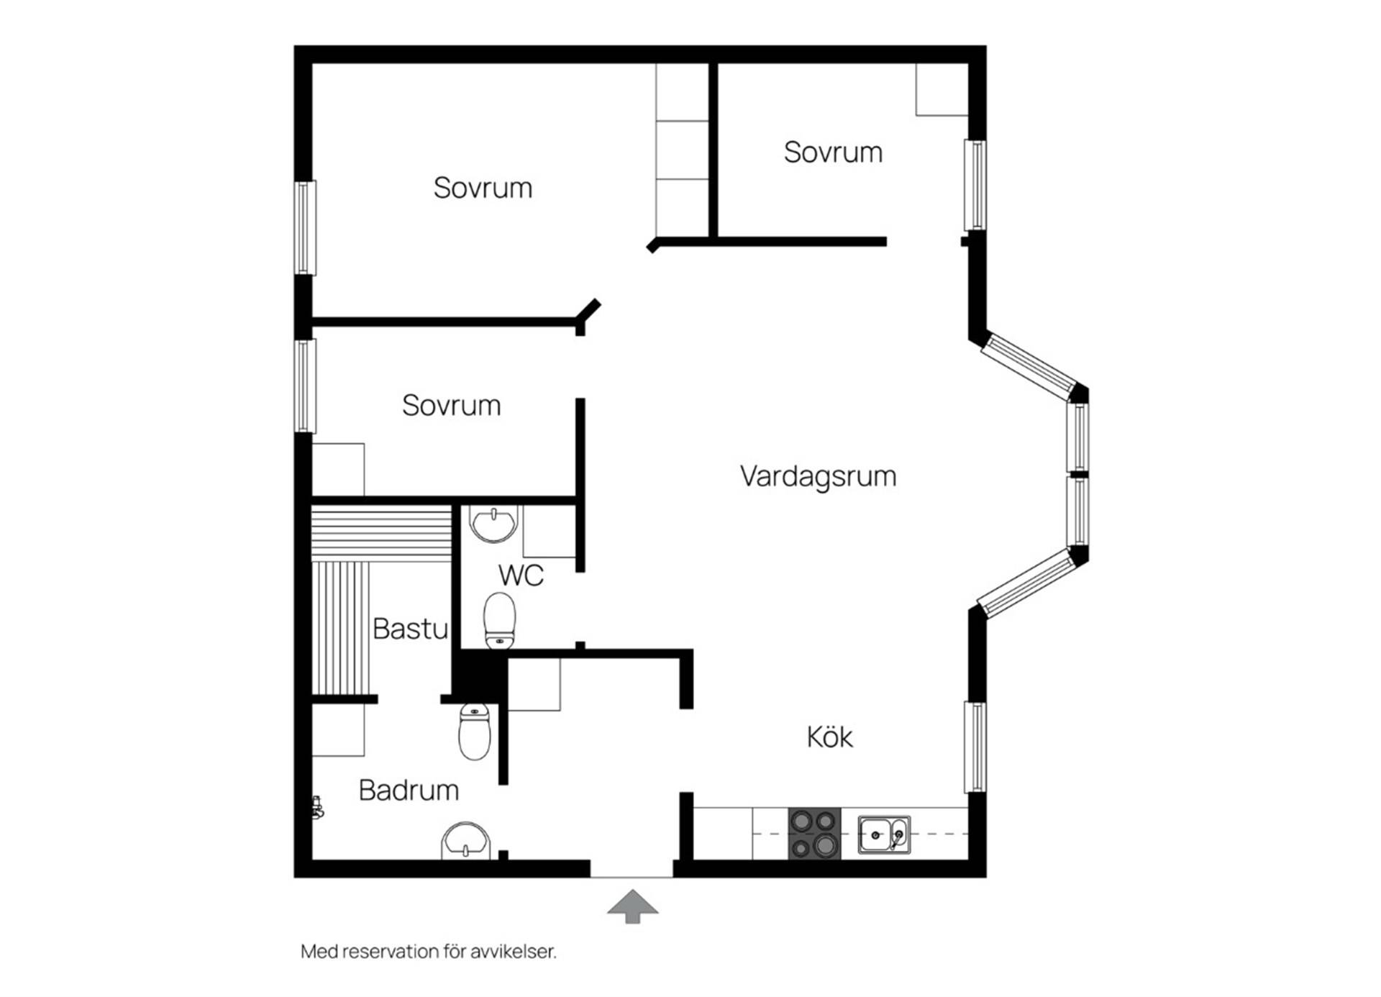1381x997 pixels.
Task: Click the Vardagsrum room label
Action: pos(818,477)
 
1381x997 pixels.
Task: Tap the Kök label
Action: pos(829,737)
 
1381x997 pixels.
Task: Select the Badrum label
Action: pos(409,791)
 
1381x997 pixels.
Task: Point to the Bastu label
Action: pos(411,629)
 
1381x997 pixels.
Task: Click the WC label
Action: pos(521,575)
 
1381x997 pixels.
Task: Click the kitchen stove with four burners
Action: pos(814,833)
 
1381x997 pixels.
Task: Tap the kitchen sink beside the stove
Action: pos(884,834)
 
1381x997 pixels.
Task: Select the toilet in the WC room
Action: pos(499,620)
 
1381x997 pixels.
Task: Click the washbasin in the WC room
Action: pos(493,523)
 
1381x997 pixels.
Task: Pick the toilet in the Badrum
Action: pos(475,732)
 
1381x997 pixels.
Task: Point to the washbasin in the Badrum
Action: pos(466,841)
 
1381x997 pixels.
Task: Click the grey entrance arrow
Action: pos(632,906)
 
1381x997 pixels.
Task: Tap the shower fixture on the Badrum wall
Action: pos(317,807)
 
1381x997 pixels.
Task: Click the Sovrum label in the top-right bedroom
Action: pos(833,152)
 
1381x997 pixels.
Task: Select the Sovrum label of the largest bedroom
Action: pos(483,188)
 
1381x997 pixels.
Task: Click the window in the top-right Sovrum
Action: pos(975,185)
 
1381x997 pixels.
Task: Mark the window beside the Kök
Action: pos(975,747)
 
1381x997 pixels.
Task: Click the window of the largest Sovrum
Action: pos(305,228)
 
